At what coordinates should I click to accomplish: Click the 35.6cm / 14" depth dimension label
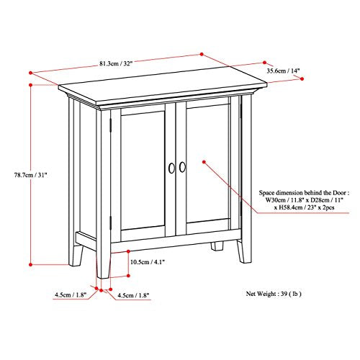pyautogui.click(x=284, y=71)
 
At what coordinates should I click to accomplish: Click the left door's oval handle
pyautogui.click(x=171, y=167)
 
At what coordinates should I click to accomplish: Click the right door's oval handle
pyautogui.click(x=183, y=167)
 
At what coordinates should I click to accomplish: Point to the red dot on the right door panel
pyautogui.click(x=205, y=163)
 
